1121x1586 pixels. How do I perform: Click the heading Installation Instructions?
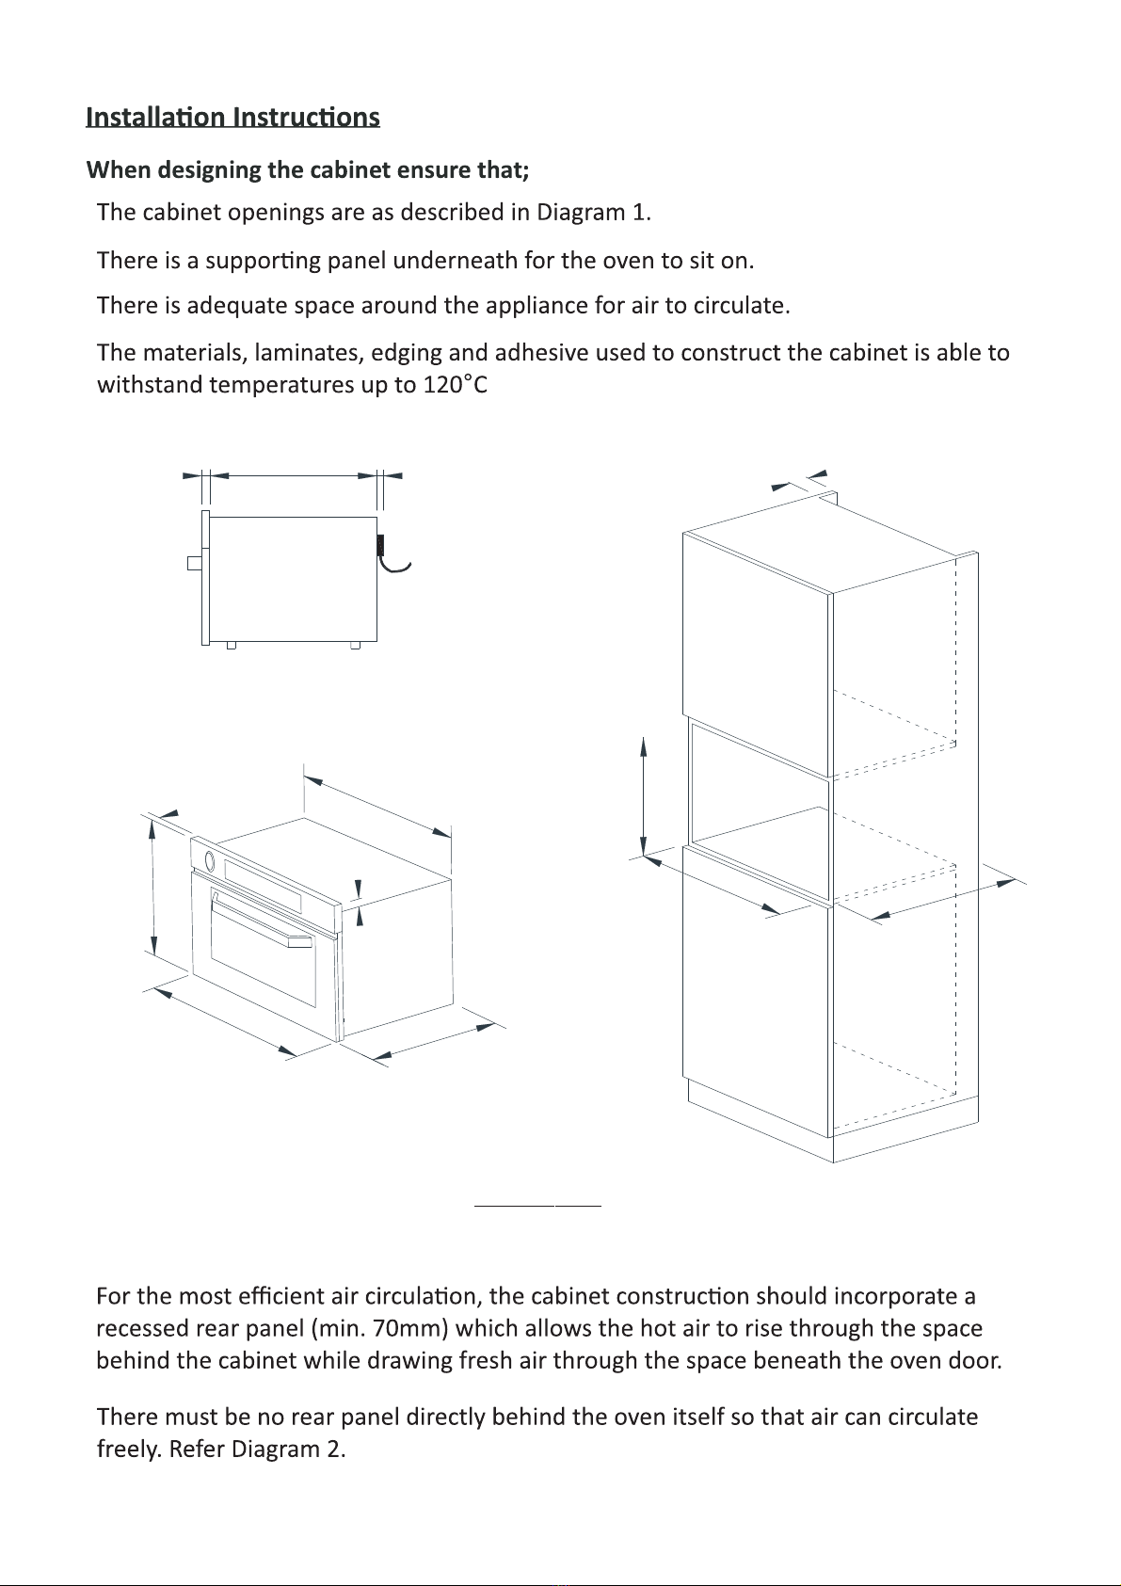232,117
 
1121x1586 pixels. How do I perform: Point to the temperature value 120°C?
455,385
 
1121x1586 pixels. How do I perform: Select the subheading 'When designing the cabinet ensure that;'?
308,170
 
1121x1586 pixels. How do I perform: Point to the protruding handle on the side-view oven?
194,563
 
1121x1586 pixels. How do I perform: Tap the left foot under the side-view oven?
231,645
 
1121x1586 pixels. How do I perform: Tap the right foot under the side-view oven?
355,645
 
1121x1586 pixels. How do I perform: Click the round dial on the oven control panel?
209,860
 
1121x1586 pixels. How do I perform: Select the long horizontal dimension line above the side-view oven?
293,476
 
